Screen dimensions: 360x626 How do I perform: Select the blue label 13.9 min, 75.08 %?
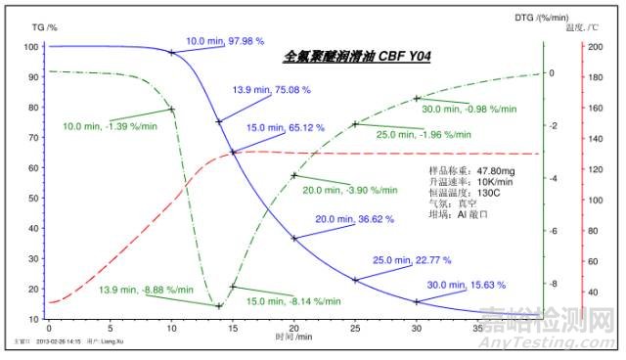click(x=271, y=90)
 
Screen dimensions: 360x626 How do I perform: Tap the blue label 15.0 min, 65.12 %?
click(x=285, y=127)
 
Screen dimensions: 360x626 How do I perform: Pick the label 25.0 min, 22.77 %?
click(x=410, y=260)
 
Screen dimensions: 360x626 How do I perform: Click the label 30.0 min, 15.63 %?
click(x=467, y=285)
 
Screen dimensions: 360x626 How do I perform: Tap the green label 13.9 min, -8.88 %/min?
click(x=139, y=291)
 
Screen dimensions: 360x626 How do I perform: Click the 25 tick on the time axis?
click(x=355, y=328)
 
